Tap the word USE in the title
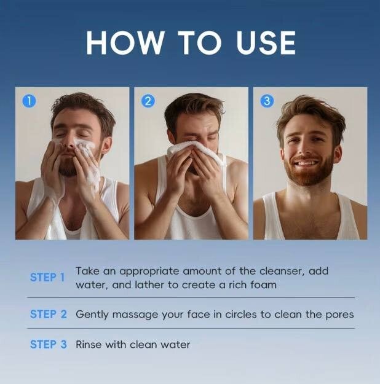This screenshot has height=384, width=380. click(x=266, y=42)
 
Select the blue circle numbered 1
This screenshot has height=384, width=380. click(x=29, y=101)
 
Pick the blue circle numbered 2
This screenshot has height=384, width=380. click(x=148, y=101)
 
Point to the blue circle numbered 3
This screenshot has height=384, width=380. click(x=267, y=101)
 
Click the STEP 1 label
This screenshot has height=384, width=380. click(x=47, y=278)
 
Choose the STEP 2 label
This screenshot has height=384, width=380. click(x=49, y=314)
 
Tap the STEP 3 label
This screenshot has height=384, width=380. click(x=49, y=344)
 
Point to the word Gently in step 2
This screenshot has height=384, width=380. click(x=92, y=315)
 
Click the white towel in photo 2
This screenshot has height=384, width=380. click(x=196, y=152)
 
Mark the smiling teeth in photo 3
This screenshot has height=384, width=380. click(x=306, y=163)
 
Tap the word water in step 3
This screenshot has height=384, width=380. click(x=175, y=345)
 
